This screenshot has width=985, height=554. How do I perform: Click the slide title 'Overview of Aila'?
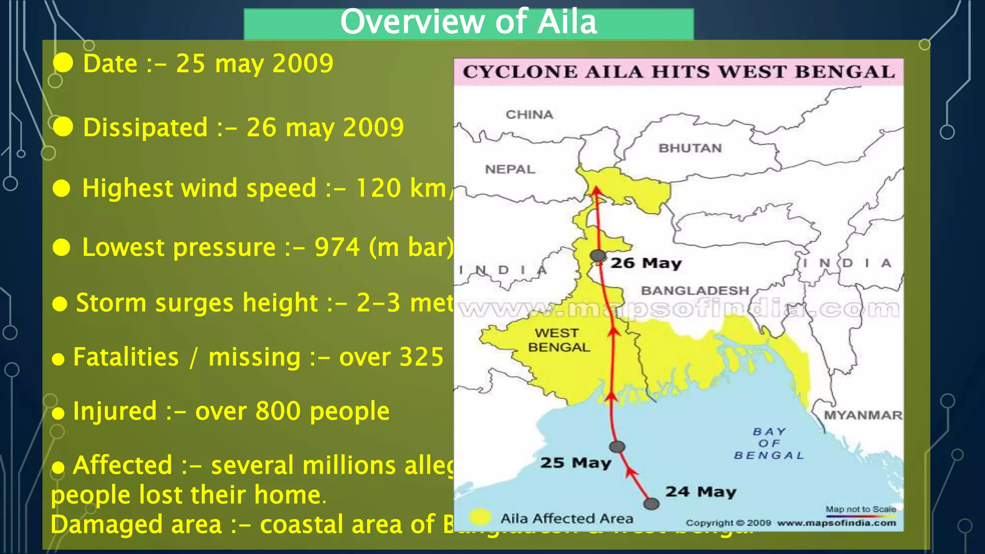468,22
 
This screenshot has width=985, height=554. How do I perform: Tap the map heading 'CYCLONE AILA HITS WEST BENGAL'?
679,72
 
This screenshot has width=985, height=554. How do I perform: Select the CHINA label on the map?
529,114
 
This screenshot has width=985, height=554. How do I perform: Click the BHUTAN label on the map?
690,148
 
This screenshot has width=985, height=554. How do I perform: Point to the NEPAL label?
510,169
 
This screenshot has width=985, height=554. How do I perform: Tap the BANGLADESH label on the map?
695,290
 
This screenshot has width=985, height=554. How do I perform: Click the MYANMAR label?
863,415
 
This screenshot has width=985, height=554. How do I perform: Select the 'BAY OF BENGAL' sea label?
769,443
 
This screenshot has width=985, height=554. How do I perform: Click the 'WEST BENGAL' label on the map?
558,340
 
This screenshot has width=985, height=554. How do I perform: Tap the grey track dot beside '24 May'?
651,504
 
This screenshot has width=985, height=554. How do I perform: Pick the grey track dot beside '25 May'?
617,447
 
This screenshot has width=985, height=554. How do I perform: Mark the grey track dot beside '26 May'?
598,255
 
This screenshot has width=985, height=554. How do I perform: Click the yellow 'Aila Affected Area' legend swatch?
480,517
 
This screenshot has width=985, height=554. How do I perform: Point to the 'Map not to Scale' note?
860,509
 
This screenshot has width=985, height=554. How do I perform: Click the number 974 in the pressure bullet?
337,247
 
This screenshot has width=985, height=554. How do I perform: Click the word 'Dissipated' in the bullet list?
145,128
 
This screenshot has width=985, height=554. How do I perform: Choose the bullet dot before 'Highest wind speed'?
62,189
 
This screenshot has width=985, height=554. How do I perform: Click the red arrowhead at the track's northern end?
596,190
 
